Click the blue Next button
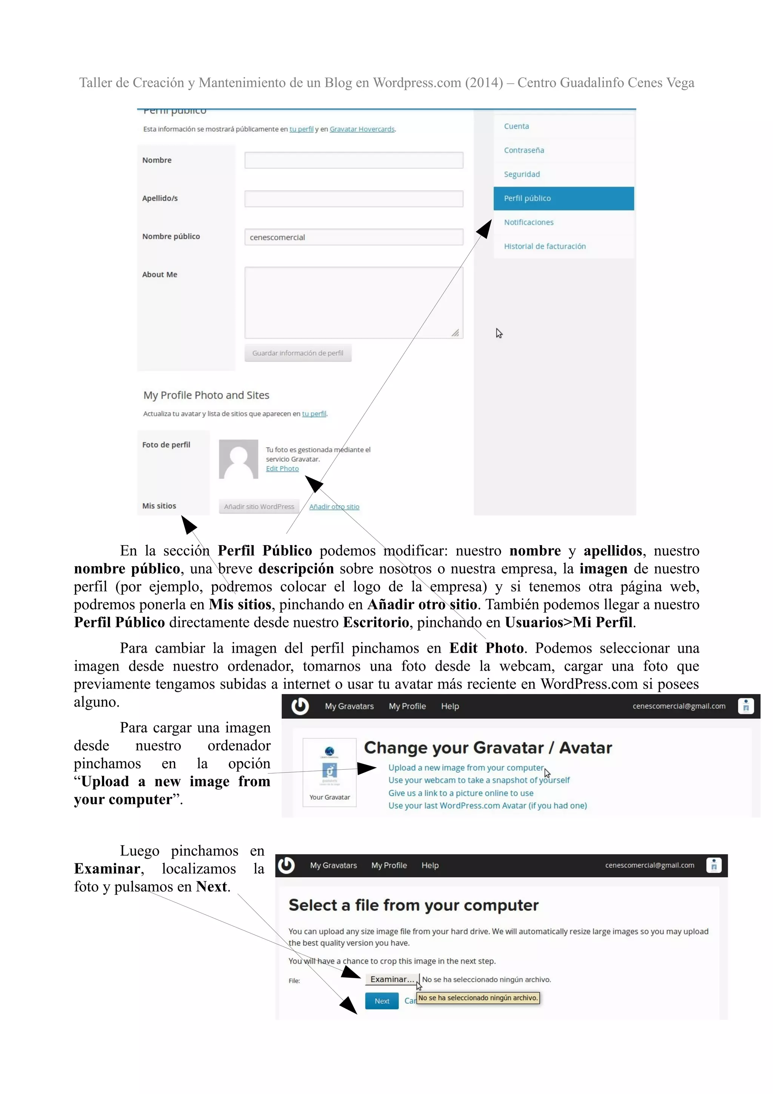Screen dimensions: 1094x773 [382, 1001]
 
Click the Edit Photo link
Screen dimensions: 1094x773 [282, 468]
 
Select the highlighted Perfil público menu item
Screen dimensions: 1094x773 [564, 198]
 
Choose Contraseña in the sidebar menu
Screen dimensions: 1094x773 [524, 150]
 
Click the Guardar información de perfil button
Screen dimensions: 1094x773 [298, 353]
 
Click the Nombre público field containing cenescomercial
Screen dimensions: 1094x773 [353, 237]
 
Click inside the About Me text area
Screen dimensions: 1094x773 [353, 302]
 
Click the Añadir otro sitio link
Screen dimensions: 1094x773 [334, 507]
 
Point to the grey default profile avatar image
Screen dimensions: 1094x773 [238, 459]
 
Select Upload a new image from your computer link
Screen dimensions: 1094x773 [465, 767]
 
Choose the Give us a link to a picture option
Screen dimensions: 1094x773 [460, 793]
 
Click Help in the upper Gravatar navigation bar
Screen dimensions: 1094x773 [450, 706]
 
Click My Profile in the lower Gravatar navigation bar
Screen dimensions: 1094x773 [389, 865]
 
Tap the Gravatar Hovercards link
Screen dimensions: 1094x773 [362, 129]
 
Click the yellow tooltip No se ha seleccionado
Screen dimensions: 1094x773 [478, 998]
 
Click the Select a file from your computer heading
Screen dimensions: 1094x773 [413, 905]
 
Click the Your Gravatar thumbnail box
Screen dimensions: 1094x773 [330, 772]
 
